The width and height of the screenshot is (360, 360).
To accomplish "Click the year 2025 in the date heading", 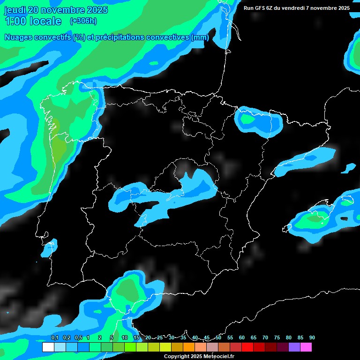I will [97, 10].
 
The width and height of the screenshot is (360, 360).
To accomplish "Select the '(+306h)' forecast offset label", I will [83, 21].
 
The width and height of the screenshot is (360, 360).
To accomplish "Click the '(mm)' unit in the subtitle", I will [200, 37].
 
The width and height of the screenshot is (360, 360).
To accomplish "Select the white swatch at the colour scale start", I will [48, 347].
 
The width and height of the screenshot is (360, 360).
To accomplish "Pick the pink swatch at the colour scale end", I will [306, 347].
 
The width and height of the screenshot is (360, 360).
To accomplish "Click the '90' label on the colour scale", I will [312, 337].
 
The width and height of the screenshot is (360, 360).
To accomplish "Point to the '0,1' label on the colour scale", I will [54, 337].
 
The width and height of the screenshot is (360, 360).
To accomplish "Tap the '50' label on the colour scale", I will [218, 337].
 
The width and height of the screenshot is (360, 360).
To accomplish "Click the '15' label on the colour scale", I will [136, 337].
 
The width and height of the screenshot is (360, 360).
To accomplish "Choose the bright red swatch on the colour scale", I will [247, 347].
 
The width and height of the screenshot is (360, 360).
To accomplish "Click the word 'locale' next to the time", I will [45, 21].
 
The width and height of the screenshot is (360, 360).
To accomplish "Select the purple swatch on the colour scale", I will [294, 347].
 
